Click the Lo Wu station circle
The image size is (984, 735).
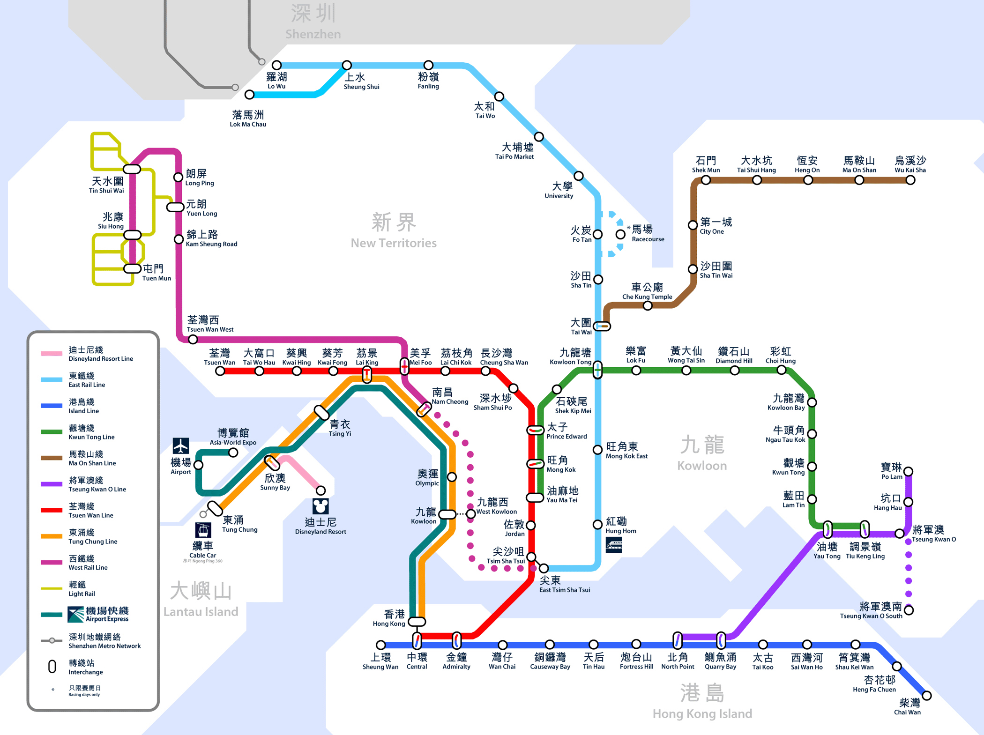[277, 65]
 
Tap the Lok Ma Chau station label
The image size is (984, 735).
[248, 119]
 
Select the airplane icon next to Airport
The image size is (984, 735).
[181, 445]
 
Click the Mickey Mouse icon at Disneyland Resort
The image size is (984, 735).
[321, 506]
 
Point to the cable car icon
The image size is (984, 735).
[203, 530]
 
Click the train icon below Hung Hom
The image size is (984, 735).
[614, 545]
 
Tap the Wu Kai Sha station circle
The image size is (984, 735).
[910, 180]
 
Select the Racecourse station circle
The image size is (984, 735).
[620, 234]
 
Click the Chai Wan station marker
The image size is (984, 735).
[926, 696]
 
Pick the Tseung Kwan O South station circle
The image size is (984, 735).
[909, 610]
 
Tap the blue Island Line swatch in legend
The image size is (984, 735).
[52, 406]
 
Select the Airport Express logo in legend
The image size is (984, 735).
[76, 614]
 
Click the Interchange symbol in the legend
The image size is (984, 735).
[52, 667]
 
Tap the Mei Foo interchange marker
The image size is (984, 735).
[404, 366]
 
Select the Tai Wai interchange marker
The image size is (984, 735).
[602, 326]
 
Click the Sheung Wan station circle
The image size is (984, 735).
[381, 645]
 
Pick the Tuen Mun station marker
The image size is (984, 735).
[133, 268]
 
